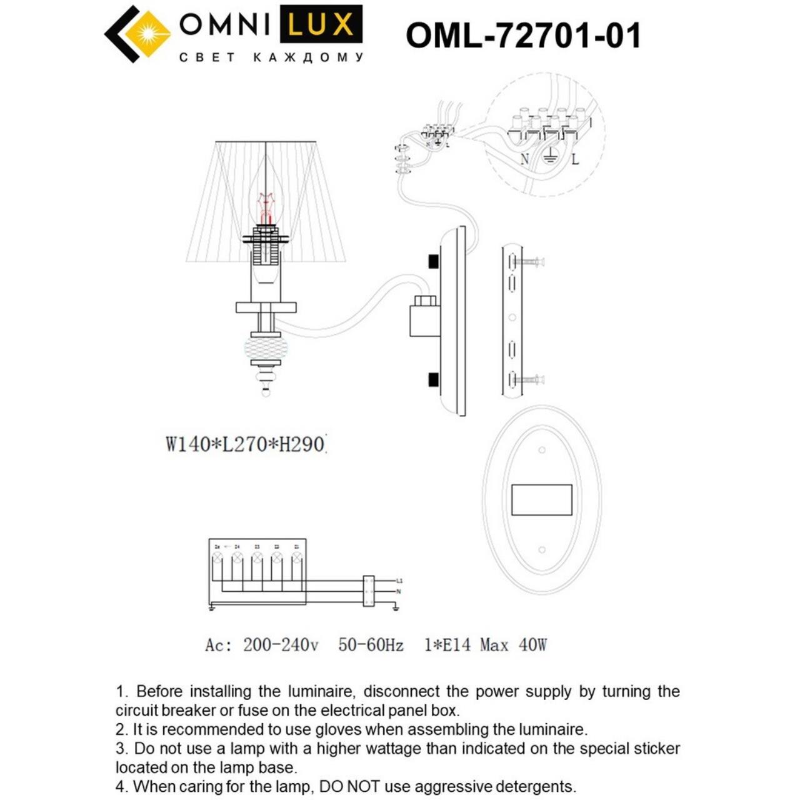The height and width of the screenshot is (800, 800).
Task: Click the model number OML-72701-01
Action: coord(524,35)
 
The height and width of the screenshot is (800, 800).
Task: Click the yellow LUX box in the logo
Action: coord(321,25)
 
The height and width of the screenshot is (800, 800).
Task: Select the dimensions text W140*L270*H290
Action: coord(246,444)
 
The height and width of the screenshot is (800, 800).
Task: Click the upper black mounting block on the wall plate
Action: coord(432,261)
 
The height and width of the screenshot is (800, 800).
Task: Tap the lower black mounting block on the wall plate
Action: coord(432,379)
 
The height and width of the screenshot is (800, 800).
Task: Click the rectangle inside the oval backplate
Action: coord(542,500)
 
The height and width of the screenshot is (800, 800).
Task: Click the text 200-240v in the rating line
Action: coord(281,645)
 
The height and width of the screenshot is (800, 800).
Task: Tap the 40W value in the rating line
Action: coord(532,645)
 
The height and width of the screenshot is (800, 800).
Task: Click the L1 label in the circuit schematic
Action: coord(399,581)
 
